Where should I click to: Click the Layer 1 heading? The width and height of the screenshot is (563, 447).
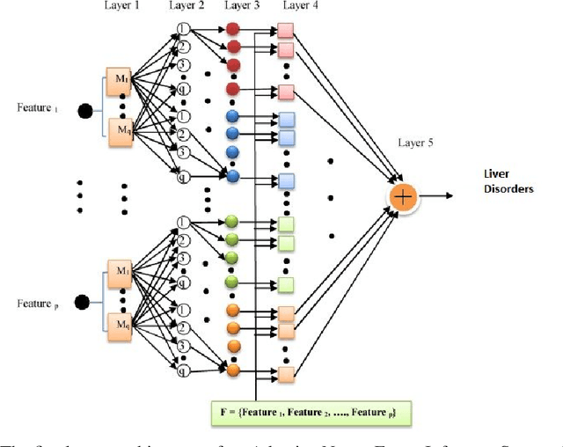pyautogui.click(x=122, y=7)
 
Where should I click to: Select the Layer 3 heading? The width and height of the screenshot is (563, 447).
pyautogui.click(x=242, y=7)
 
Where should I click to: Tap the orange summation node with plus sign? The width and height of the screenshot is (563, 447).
pyautogui.click(x=402, y=197)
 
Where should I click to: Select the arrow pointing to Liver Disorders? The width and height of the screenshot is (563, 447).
pyautogui.click(x=435, y=197)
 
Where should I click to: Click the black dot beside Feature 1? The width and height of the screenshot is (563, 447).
pyautogui.click(x=85, y=111)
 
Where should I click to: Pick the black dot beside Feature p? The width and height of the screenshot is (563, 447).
pyautogui.click(x=82, y=304)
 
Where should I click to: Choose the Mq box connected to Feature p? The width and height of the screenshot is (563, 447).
pyautogui.click(x=119, y=326)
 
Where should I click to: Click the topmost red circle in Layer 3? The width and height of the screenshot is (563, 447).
pyautogui.click(x=233, y=28)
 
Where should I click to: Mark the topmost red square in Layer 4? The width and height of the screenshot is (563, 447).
pyautogui.click(x=287, y=32)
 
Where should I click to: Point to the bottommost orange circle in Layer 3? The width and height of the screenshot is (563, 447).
pyautogui.click(x=233, y=370)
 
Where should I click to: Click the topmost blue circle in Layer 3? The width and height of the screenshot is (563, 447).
pyautogui.click(x=233, y=116)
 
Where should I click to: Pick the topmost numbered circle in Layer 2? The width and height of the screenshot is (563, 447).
pyautogui.click(x=183, y=27)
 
